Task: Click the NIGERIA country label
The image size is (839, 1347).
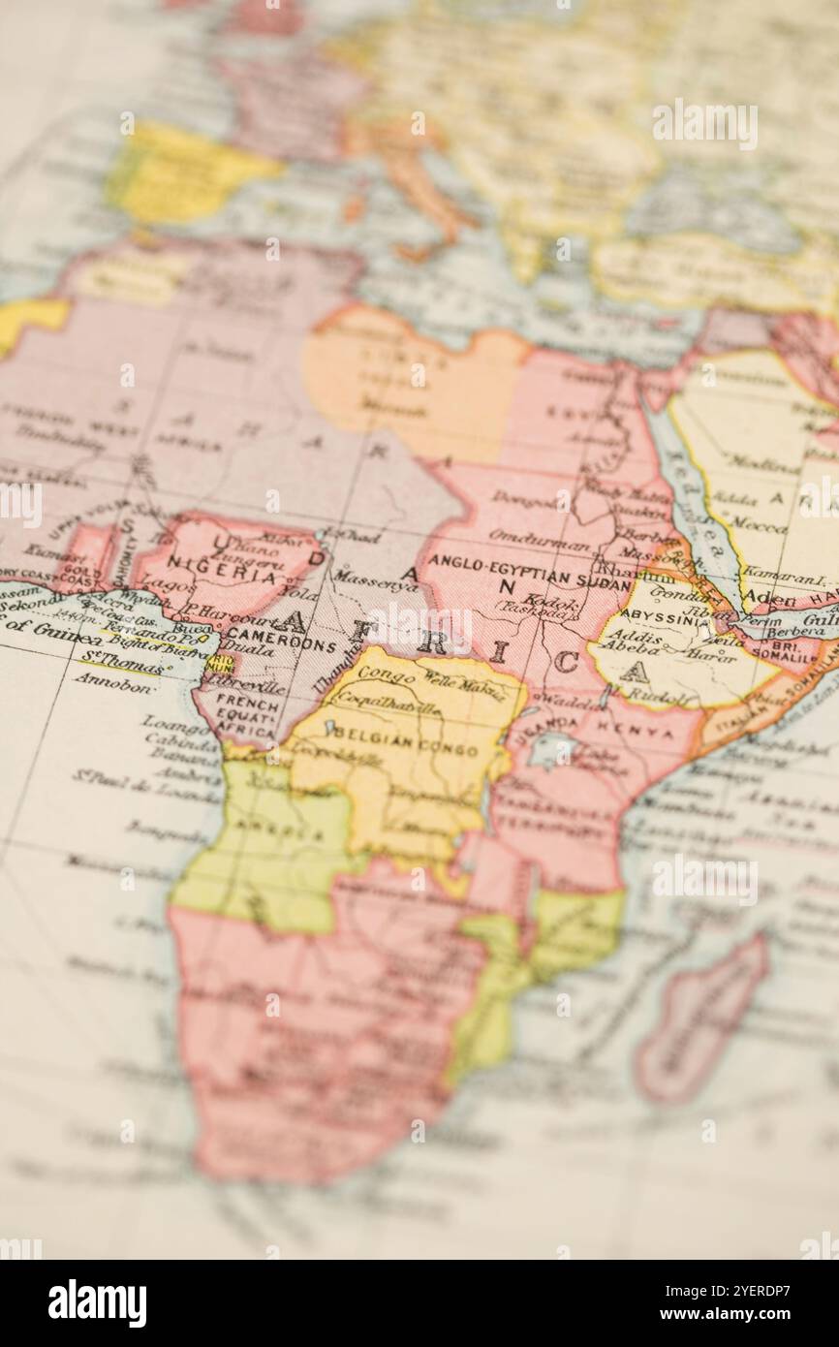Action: pyautogui.click(x=222, y=572)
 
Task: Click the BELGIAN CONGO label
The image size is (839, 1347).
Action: pyautogui.click(x=406, y=747)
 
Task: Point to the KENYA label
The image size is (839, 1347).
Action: pyautogui.click(x=634, y=730)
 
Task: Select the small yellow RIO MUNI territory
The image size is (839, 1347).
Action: pyautogui.click(x=221, y=663)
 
